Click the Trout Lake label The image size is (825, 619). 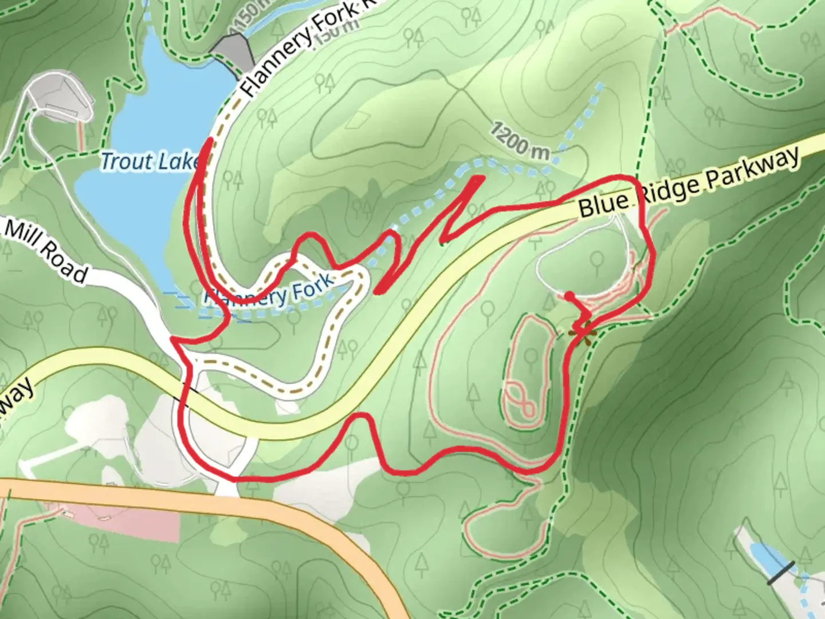coord(150,162)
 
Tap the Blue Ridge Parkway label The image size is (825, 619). coord(687,183)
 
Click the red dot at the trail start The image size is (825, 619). coord(569,296)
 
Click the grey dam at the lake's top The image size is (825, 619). coord(233,52)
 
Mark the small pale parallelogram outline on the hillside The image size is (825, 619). coord(357,119)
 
